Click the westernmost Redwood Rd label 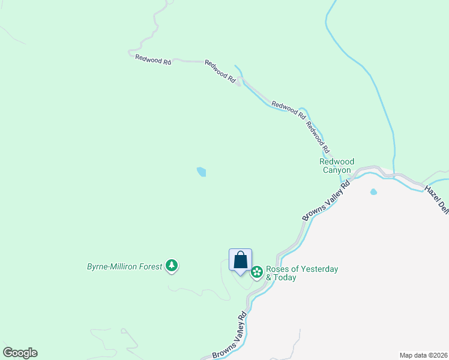coord(154,59)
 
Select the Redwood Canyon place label coord(337,166)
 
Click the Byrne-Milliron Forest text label coord(125,266)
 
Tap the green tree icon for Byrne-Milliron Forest coord(172,265)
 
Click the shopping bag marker coord(240,260)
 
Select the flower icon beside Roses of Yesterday coord(257,272)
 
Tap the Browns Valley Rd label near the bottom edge coord(230,336)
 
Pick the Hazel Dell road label coord(436,199)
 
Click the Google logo coord(20,353)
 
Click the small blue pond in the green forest coord(201,172)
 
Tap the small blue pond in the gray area coord(373,192)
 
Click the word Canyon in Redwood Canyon coord(337,170)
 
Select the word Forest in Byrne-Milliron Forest coord(149,266)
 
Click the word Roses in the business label coord(277,269)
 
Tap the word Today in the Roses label coord(285,278)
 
